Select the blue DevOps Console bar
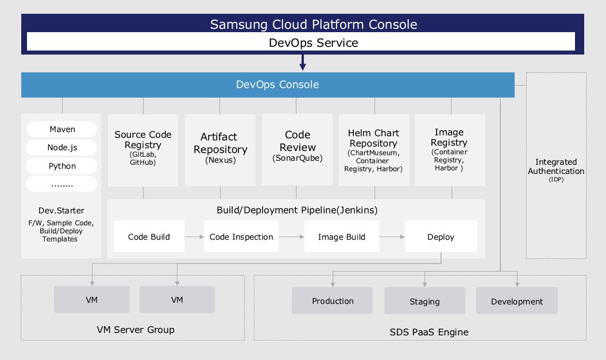click(268, 85)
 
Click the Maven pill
click(62, 129)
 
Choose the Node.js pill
click(62, 148)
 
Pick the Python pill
click(62, 166)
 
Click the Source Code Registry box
click(143, 149)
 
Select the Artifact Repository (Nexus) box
click(220, 149)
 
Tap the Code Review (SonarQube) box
click(297, 149)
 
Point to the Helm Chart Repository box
click(374, 149)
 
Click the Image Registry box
click(450, 149)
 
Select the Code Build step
click(149, 237)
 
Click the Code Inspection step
click(241, 237)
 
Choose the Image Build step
click(341, 237)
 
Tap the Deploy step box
click(441, 237)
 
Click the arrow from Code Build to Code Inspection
click(194, 237)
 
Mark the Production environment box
click(333, 301)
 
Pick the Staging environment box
click(424, 301)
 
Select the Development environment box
click(516, 301)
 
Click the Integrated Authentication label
click(556, 167)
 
